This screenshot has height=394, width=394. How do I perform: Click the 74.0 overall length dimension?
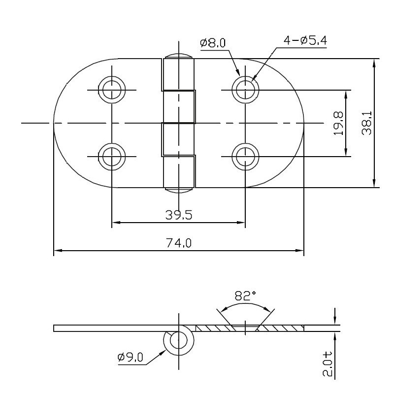pos(178,242)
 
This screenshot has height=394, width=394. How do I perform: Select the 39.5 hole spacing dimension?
pos(178,215)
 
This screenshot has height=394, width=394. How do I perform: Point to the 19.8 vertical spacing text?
pos(338,123)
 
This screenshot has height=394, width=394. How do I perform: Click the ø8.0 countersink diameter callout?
pos(213,43)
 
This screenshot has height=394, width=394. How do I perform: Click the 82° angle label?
pos(245,296)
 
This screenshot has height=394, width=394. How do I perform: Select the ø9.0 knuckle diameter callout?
pos(130,358)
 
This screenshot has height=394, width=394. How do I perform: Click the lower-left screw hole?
pos(112,157)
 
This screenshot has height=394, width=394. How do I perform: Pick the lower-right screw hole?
pos(245,157)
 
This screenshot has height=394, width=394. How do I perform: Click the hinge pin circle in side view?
pos(178,341)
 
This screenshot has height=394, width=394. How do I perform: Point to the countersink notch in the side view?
pos(245,326)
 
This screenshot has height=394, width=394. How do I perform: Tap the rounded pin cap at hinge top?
pos(178,55)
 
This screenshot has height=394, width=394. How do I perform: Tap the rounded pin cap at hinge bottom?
pos(178,189)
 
